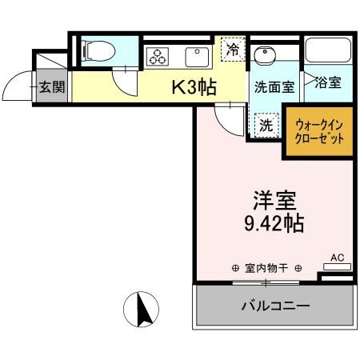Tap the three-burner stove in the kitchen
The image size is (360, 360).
[x=156, y=57]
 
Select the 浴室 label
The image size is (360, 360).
[x=328, y=82]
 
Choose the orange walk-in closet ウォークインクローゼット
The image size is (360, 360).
[x=319, y=131]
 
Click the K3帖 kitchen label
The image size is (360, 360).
[x=194, y=86]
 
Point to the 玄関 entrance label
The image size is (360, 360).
[x=52, y=86]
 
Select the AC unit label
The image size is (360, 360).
[x=337, y=258]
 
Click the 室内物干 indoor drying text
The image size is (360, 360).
[x=265, y=268]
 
